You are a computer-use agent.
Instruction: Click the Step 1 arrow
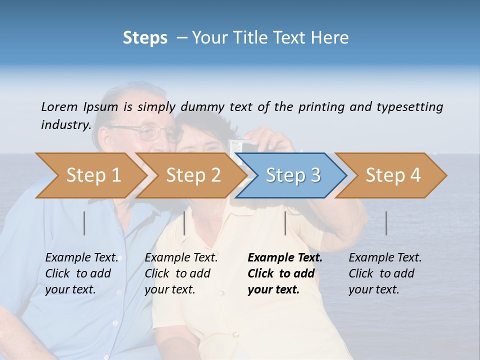93,175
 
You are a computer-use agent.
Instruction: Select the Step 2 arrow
193,175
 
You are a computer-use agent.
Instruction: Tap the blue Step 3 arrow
292,175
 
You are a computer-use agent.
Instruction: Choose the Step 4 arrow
393,175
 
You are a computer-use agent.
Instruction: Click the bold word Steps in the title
145,37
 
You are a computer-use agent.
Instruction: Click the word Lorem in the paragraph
59,106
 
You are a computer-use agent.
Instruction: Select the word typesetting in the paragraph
409,106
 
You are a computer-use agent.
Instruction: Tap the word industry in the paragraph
66,124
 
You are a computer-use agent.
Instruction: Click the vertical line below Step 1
84,223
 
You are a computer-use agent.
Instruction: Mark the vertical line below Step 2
184,223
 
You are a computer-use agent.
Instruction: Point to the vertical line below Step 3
285,223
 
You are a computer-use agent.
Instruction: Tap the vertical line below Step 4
386,223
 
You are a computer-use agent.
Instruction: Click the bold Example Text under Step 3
285,258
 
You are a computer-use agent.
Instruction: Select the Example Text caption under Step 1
82,258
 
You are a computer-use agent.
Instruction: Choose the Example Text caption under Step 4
385,258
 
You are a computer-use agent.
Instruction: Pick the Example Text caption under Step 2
181,258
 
